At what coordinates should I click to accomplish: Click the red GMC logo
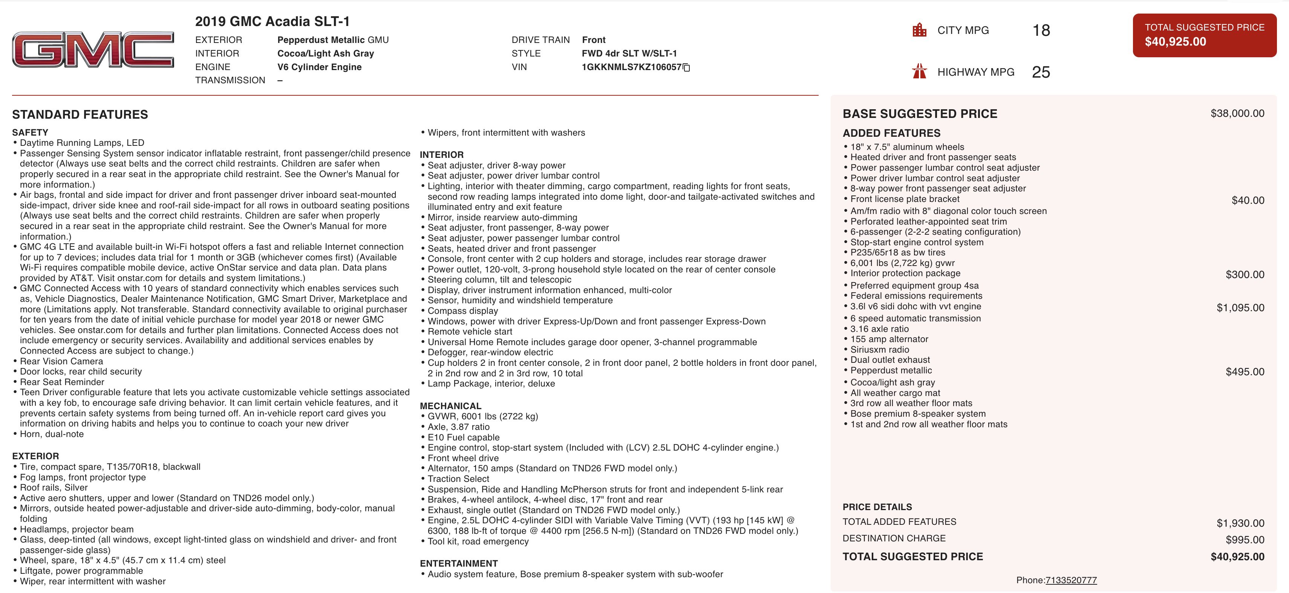(x=93, y=49)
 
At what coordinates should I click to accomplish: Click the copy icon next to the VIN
(x=687, y=67)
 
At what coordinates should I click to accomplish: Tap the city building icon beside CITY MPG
(x=919, y=30)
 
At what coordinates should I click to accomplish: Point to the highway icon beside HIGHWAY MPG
(x=919, y=72)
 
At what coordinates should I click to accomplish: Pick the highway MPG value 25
(x=1041, y=72)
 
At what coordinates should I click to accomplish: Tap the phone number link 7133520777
(x=1071, y=580)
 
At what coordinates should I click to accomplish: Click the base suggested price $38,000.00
(x=1237, y=113)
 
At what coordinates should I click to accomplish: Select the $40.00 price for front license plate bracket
(x=1248, y=200)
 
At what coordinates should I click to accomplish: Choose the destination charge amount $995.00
(x=1245, y=540)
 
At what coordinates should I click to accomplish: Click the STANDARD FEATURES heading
(x=80, y=115)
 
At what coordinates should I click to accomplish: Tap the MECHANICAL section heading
(x=450, y=406)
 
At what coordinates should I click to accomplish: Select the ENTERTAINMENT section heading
(x=459, y=564)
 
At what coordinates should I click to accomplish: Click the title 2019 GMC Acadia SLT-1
(x=272, y=21)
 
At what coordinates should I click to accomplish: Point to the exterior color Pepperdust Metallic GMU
(x=333, y=40)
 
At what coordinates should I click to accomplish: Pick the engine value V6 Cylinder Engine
(x=319, y=67)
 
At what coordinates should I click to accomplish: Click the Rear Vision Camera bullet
(x=61, y=361)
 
